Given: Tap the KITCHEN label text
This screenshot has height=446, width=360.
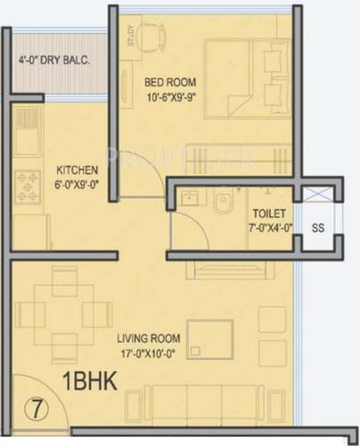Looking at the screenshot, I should [77, 169].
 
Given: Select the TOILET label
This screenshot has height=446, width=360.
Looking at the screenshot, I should [268, 214].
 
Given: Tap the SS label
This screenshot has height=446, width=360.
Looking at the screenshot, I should [317, 227].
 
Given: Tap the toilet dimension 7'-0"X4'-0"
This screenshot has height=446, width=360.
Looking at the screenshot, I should [268, 227].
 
